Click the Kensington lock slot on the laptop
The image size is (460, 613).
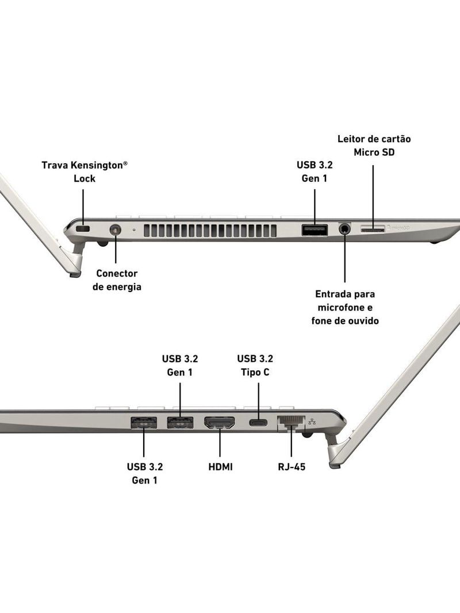point(84,230)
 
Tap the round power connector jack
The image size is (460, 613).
point(116,231)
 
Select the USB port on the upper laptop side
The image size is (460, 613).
point(315,230)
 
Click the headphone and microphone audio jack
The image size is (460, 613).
point(345,229)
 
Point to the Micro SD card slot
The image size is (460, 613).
point(373,229)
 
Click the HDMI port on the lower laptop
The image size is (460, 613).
point(220,423)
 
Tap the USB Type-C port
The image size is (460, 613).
point(258,423)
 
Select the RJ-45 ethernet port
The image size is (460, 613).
point(290,423)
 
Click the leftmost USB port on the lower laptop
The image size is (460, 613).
point(143,423)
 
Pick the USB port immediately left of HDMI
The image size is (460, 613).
point(180,423)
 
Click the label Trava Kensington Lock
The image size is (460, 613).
point(84,171)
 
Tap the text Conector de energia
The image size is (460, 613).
point(117,280)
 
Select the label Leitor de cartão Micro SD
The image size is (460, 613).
point(374,145)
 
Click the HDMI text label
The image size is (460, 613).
point(220,467)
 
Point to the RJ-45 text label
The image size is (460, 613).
point(291,467)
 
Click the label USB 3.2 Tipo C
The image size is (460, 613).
point(255,365)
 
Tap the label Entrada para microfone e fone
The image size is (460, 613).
point(345,307)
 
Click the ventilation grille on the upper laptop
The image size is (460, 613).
point(210,231)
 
